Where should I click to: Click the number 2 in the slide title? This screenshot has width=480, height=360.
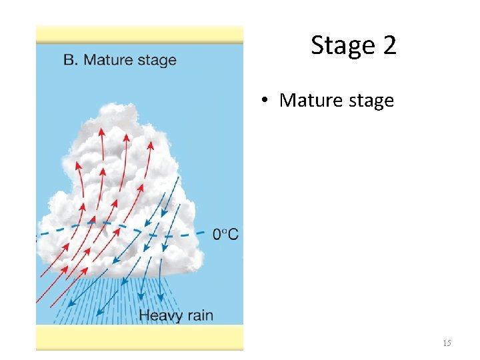(x=389, y=45)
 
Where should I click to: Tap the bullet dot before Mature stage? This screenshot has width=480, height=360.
(x=265, y=101)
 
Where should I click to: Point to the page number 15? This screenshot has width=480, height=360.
(x=447, y=343)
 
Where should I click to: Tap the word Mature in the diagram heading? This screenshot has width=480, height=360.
(x=108, y=60)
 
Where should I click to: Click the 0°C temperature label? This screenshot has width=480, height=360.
(x=225, y=234)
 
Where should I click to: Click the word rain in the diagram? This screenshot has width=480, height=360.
(x=201, y=315)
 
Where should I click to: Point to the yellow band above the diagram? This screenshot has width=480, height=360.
(x=139, y=35)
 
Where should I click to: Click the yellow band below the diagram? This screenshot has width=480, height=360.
(x=139, y=337)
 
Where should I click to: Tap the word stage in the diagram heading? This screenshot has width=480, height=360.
(x=157, y=61)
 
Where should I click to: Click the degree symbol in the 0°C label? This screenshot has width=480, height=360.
(x=224, y=231)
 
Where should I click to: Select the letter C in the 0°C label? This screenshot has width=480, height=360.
(x=233, y=234)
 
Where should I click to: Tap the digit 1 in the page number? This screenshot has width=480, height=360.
(x=445, y=343)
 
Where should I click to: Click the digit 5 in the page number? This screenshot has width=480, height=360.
(x=449, y=343)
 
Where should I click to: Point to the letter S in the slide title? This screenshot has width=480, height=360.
(x=318, y=45)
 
